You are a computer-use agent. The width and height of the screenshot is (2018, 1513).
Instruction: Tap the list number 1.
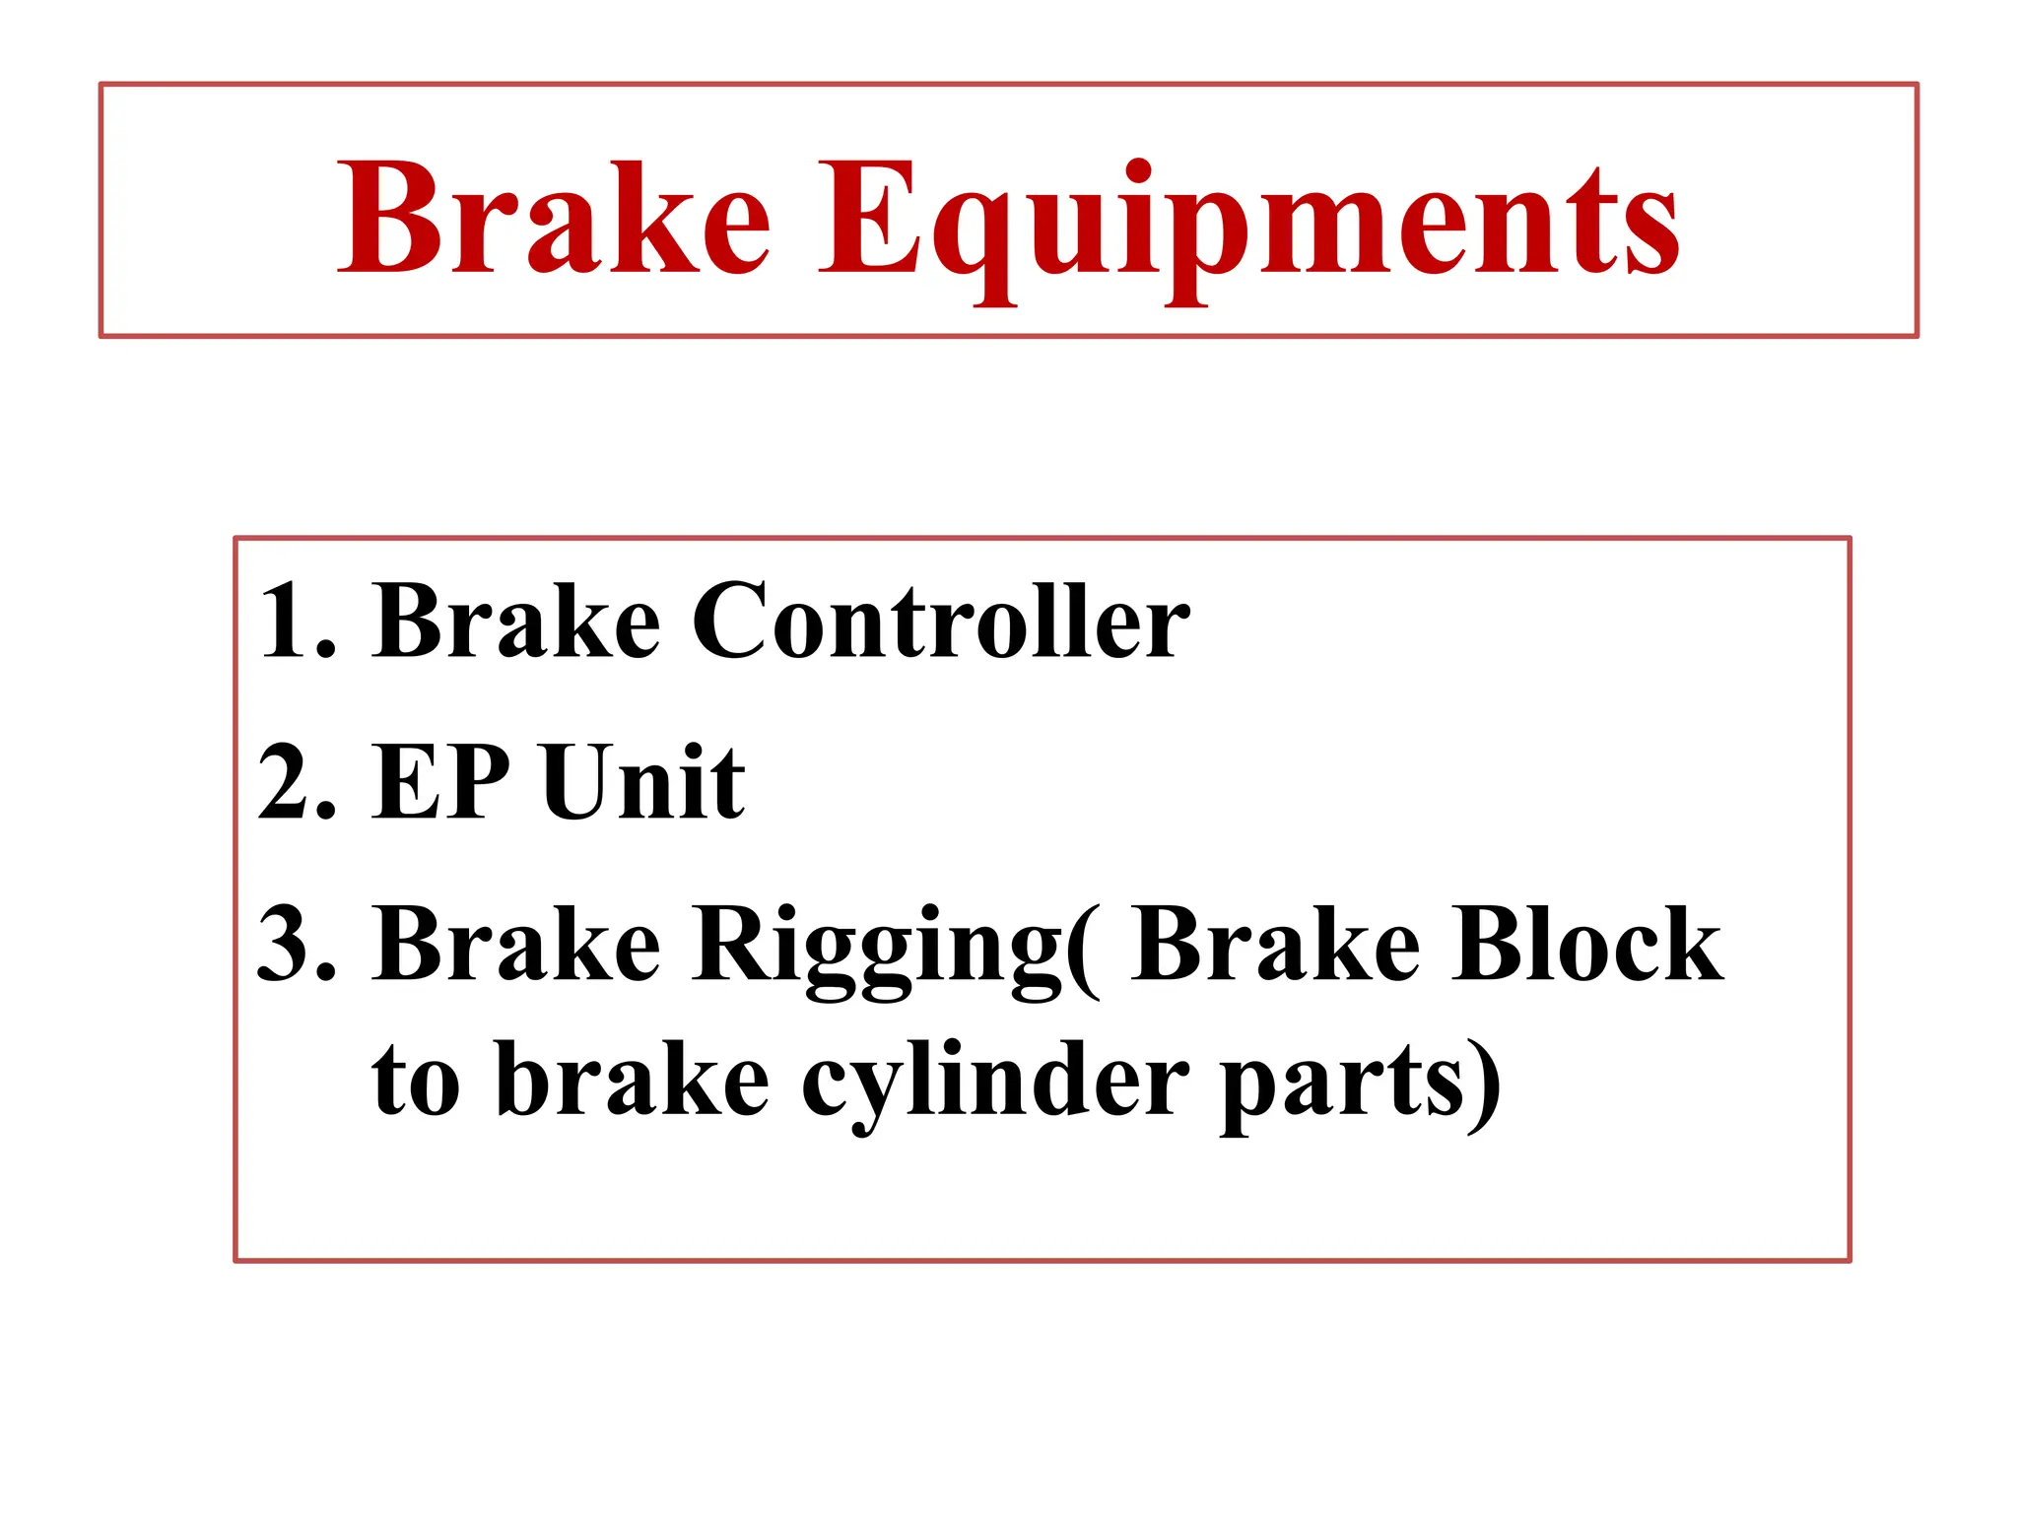coord(296,621)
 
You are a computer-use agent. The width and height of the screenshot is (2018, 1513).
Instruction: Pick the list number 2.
coord(296,782)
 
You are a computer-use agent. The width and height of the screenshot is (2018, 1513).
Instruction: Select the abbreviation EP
coord(440,782)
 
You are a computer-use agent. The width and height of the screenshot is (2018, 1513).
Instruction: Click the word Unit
coord(643,782)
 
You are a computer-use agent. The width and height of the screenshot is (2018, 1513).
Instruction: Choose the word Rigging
coord(877,948)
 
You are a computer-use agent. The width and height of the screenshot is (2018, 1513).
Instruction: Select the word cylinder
coord(995,1084)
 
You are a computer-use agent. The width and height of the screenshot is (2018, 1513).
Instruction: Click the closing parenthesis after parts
coord(1484,1084)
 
